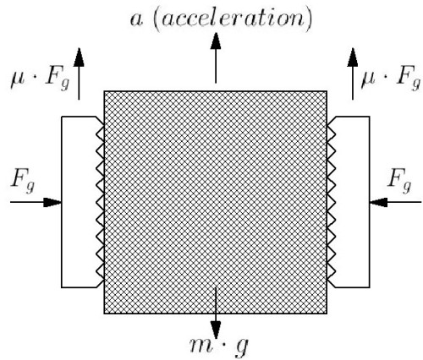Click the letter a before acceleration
coord(136,20)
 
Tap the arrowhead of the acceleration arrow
coord(216,41)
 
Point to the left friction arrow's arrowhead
coord(79,57)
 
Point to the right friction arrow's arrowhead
coord(353,57)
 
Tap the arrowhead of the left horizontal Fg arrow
coord(52,202)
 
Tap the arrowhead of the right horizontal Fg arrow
coord(378,202)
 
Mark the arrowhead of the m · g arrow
coord(216,330)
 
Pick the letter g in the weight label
coord(242,347)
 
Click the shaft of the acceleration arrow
coord(216,66)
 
